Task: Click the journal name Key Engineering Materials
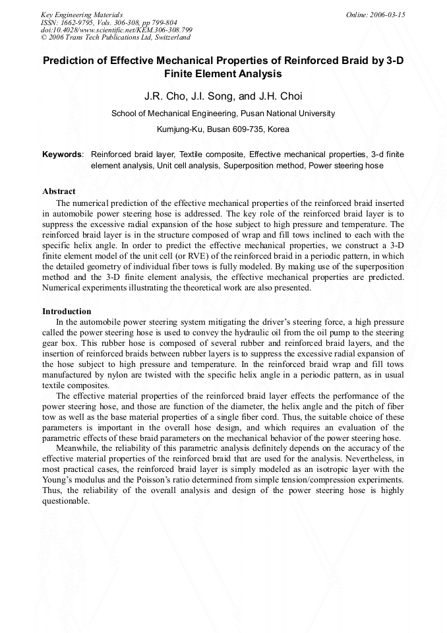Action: (x=82, y=15)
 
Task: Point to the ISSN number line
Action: (x=109, y=22)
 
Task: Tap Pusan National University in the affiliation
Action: (x=288, y=114)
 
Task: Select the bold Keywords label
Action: (x=63, y=154)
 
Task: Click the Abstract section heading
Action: (x=59, y=191)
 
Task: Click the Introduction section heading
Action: (x=67, y=311)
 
